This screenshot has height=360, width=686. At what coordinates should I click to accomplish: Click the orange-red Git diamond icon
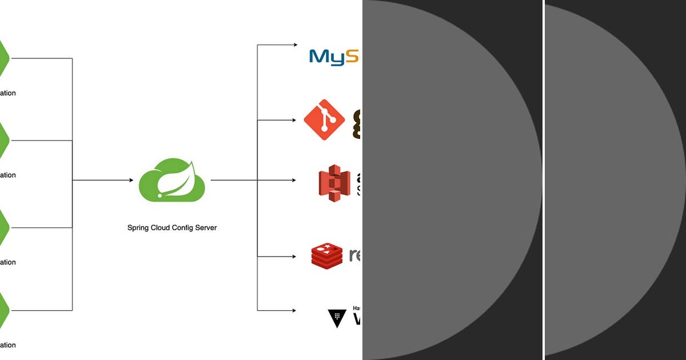coord(324,120)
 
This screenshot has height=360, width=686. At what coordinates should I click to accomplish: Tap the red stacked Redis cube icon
coord(326,255)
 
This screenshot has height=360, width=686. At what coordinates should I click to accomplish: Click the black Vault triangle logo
coord(337,318)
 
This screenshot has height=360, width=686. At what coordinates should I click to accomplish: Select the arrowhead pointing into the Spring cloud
coord(130,181)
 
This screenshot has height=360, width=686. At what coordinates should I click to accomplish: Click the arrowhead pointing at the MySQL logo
coord(294,45)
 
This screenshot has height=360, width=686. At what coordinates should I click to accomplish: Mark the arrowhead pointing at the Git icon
coord(294,120)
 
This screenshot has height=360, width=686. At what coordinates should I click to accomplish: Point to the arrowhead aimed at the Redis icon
coord(294,256)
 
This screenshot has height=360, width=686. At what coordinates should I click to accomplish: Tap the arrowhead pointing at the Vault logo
coord(294,311)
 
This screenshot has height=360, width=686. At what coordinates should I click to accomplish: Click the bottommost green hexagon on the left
coord(3,310)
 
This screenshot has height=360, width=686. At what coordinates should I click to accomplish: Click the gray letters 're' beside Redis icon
coord(354,255)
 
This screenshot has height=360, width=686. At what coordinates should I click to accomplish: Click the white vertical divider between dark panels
coord(544,180)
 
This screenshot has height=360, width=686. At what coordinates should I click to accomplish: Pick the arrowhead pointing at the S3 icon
coord(294,181)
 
